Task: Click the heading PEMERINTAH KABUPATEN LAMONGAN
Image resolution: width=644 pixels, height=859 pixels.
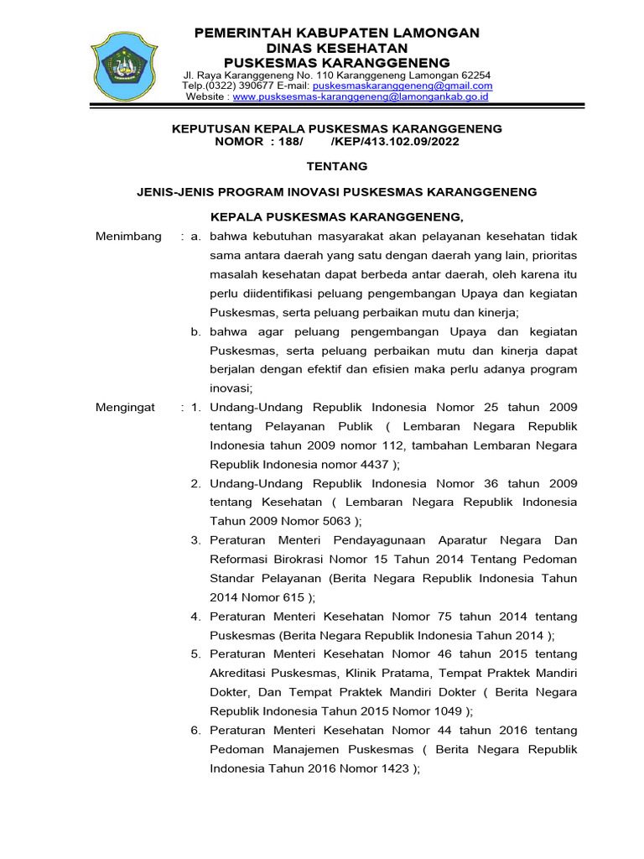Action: tap(337, 33)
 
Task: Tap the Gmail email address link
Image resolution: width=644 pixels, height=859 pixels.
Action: tap(402, 86)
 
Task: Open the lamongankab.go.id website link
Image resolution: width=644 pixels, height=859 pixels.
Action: tap(361, 96)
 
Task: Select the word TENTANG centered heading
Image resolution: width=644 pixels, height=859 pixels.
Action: tap(336, 167)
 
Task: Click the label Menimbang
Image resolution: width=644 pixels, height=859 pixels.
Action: tap(128, 237)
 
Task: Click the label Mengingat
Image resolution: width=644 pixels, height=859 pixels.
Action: tap(126, 407)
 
